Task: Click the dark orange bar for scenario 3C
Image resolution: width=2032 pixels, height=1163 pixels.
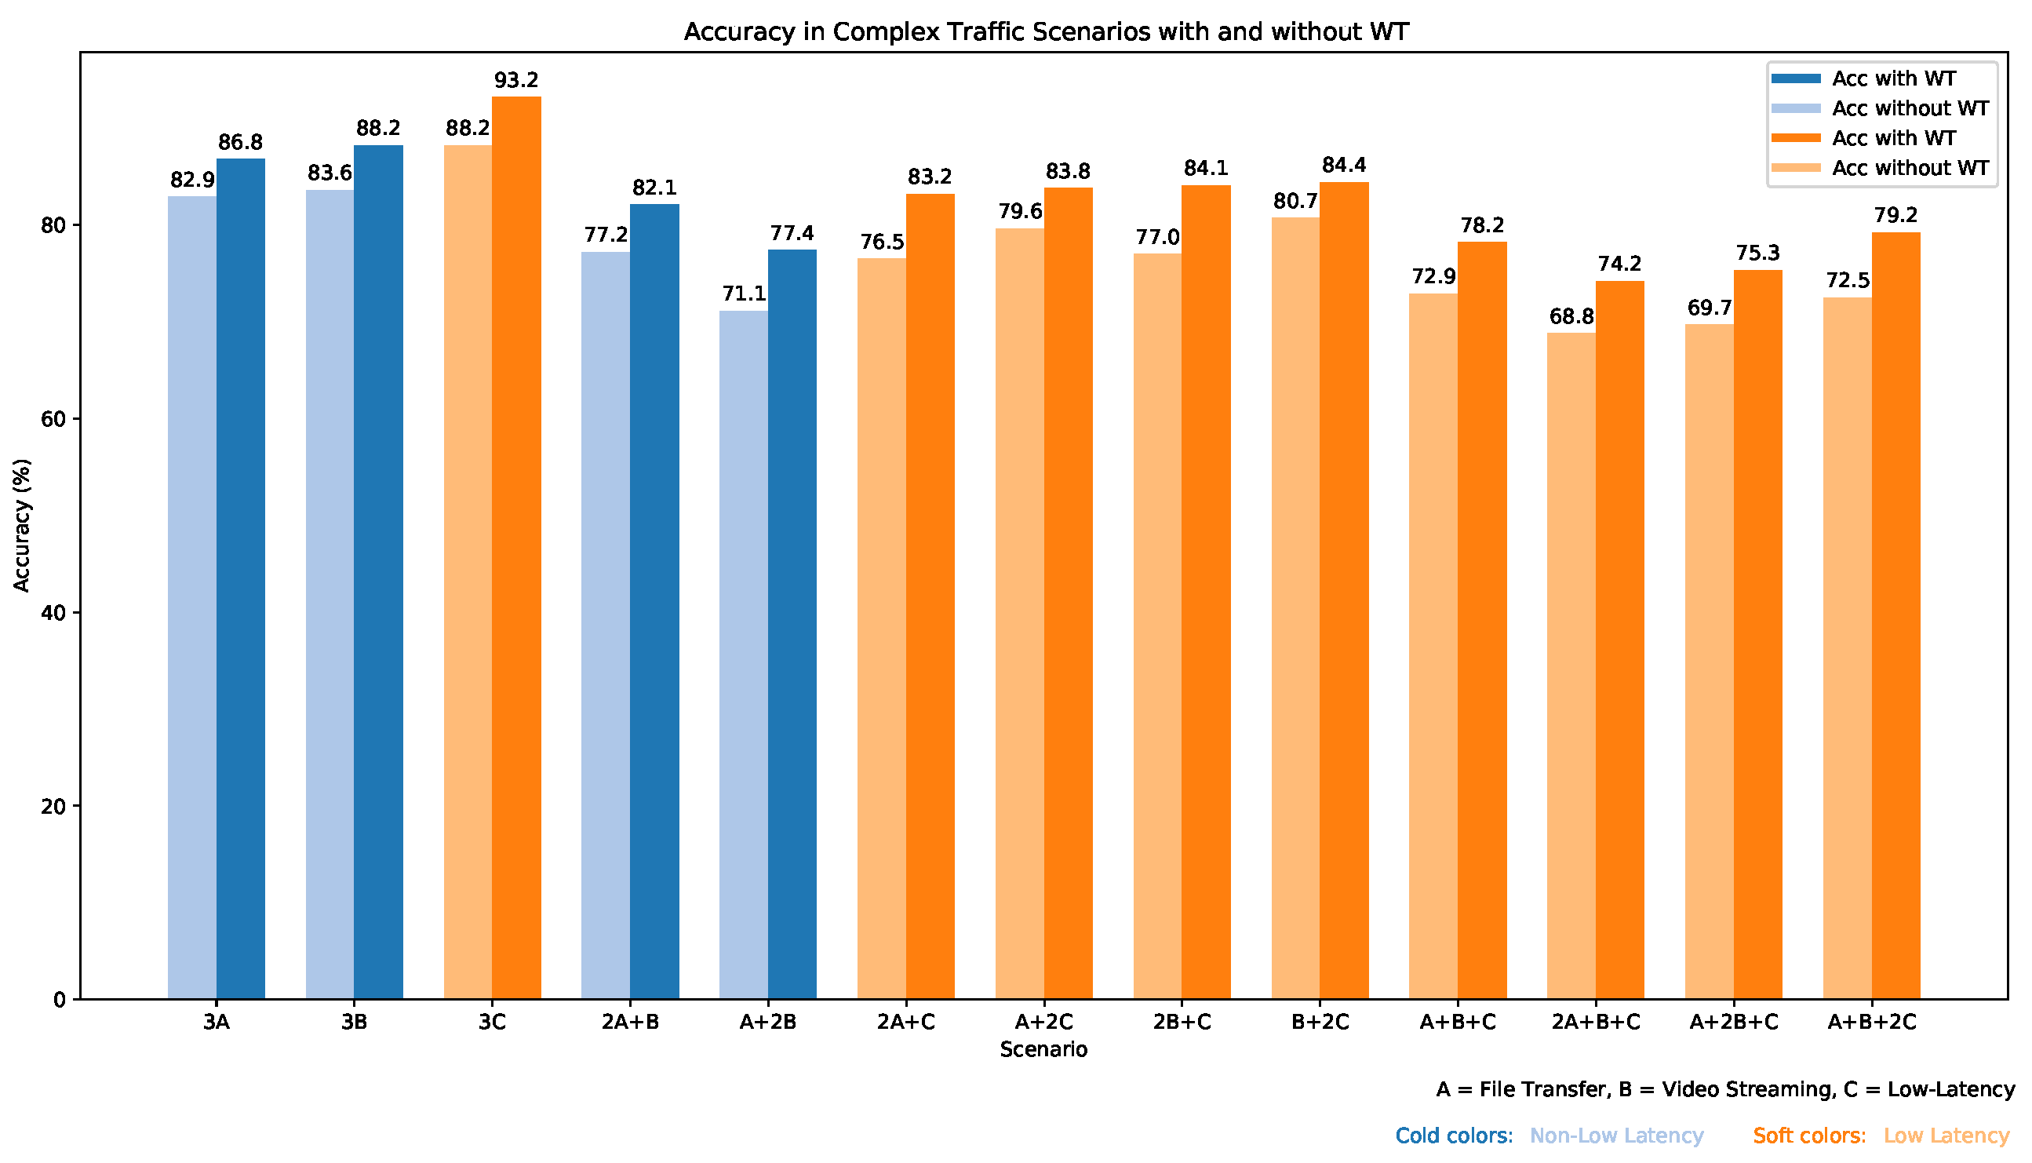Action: pos(516,548)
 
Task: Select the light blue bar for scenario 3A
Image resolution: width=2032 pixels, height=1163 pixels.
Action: pos(192,597)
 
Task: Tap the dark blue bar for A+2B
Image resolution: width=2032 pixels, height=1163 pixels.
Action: pos(792,625)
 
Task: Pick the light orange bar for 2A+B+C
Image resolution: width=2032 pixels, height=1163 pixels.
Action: pos(1571,666)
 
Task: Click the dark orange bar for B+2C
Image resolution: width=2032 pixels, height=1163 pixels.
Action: pos(1345,591)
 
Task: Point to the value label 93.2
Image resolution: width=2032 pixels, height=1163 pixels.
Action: pos(516,80)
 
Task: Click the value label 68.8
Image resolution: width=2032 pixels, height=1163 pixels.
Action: pos(1571,316)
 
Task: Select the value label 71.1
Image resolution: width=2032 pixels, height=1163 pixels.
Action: pos(744,294)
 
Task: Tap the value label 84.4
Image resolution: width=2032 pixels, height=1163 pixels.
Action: pos(1345,166)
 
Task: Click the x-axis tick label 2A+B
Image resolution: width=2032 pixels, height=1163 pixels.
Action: pos(631,1023)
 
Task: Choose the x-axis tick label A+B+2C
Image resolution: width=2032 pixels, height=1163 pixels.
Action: pos(1872,1023)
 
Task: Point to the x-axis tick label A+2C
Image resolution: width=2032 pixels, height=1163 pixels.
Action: pos(1044,1023)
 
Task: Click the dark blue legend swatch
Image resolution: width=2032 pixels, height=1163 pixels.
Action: pos(1797,78)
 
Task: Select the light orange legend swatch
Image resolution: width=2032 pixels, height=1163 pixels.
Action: pos(1797,168)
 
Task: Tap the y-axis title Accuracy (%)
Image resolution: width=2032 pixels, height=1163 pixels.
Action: pos(21,526)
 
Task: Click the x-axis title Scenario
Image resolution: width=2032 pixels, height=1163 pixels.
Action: pos(1044,1049)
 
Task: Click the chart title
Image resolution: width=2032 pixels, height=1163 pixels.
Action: pos(1046,32)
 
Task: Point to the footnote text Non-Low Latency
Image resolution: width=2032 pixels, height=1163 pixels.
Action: pos(1617,1136)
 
